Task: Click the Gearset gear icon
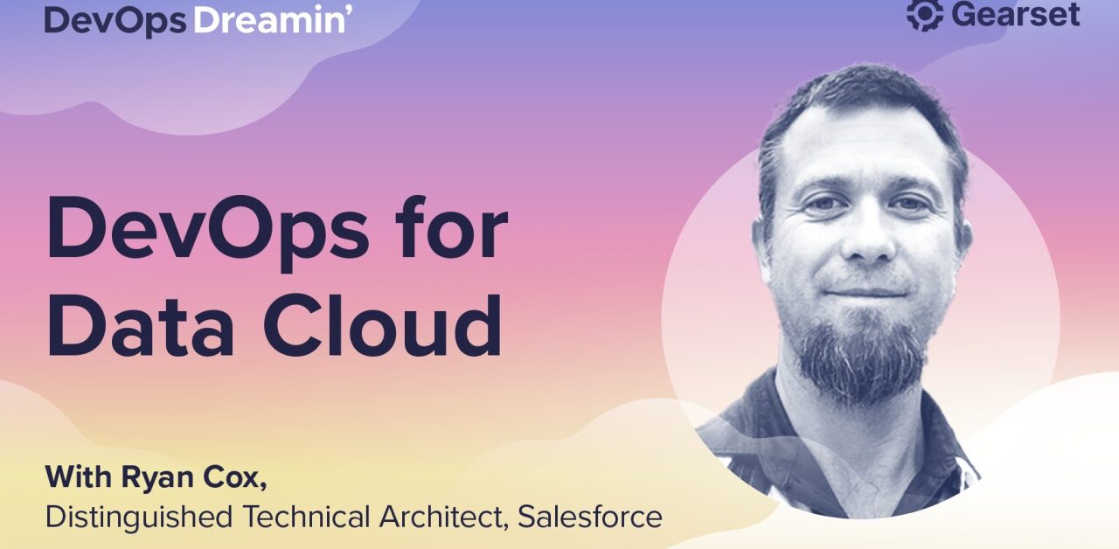point(924,15)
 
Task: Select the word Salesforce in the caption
point(589,517)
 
